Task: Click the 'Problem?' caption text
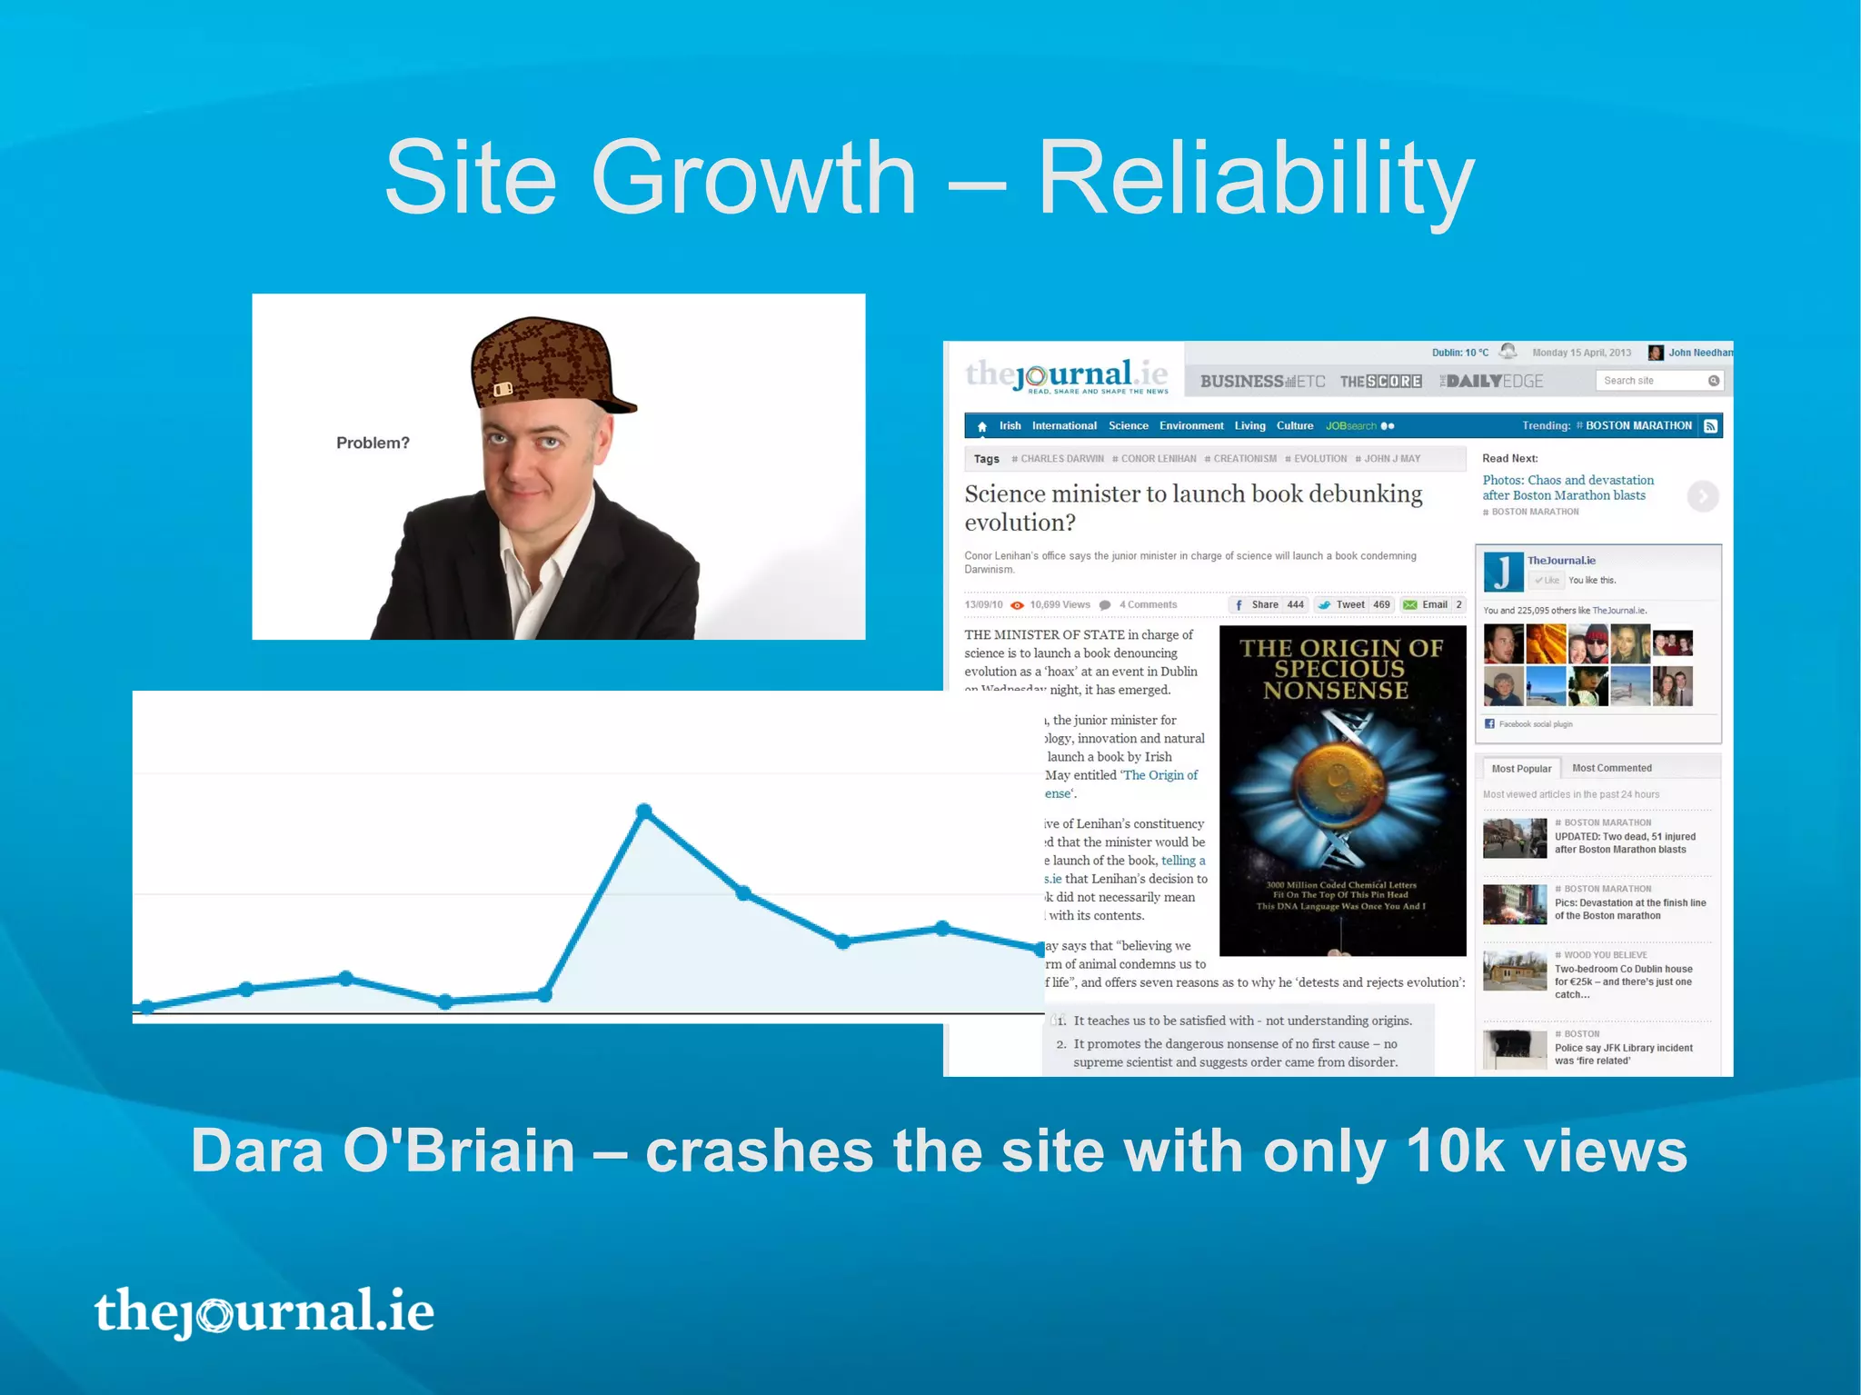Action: [373, 443]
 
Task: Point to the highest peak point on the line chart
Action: [644, 810]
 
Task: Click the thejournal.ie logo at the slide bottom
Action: [264, 1311]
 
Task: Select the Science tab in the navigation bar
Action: [1128, 425]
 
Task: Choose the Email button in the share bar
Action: [1433, 604]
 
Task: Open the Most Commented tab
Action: [1611, 768]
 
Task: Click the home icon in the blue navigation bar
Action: [981, 426]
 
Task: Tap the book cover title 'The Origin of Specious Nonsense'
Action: [1340, 669]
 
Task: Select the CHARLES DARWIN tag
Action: [1060, 459]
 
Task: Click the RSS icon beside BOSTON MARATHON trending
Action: [1711, 426]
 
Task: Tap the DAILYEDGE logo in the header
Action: [1491, 381]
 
